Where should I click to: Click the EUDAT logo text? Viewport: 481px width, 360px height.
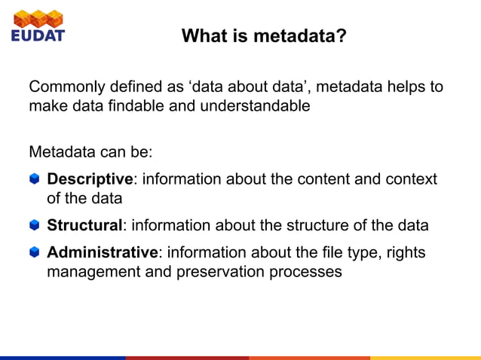click(38, 35)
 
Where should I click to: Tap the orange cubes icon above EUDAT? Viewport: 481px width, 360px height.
click(38, 17)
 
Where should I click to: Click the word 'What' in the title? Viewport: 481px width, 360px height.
click(203, 35)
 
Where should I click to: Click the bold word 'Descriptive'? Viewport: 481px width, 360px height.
click(90, 179)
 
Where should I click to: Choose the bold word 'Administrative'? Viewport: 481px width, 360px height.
click(103, 252)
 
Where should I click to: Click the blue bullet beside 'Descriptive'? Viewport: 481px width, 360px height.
click(35, 179)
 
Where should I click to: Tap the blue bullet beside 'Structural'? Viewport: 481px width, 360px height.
click(35, 225)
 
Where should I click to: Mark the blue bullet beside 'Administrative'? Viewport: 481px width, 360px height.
click(35, 252)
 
